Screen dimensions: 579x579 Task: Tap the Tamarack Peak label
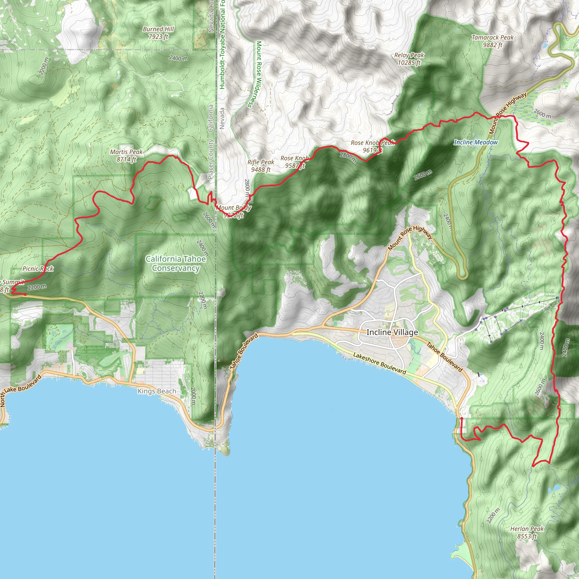492,41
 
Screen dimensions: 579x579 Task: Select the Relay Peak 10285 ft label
409,59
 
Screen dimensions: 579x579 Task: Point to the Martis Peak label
126,155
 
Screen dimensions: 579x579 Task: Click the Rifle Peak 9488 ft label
261,166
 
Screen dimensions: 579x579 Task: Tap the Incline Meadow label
476,142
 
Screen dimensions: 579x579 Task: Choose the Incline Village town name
392,332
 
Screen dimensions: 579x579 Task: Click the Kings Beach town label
157,391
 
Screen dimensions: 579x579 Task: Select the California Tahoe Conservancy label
176,263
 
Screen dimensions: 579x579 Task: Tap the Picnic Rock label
38,269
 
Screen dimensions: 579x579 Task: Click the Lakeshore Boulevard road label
379,364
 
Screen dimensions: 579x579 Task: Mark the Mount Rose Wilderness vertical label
258,74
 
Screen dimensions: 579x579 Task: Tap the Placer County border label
211,159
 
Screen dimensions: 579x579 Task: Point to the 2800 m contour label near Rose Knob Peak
348,157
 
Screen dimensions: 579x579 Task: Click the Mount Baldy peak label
234,211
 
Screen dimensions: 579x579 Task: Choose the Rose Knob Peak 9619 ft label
373,146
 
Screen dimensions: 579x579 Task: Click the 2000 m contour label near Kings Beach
193,396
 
